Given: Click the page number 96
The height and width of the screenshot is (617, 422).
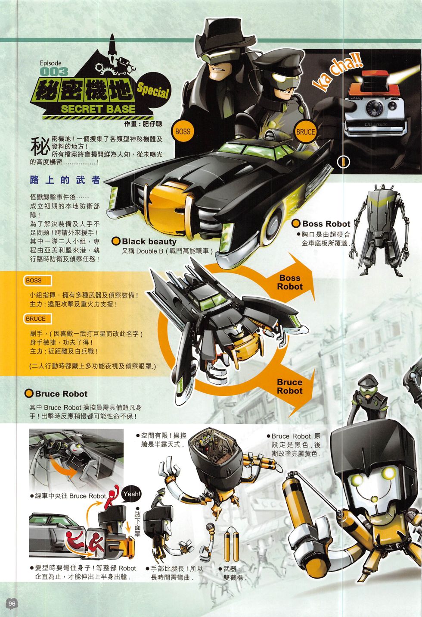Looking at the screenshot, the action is pyautogui.click(x=12, y=603).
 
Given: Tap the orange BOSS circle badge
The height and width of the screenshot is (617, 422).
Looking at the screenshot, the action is pyautogui.click(x=183, y=132).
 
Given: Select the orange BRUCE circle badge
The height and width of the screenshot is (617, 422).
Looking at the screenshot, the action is pyautogui.click(x=305, y=132).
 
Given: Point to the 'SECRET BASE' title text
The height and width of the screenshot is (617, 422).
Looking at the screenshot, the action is pyautogui.click(x=98, y=109).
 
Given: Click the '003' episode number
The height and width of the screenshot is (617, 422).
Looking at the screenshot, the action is pyautogui.click(x=54, y=72).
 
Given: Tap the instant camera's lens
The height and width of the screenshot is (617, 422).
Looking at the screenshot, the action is pyautogui.click(x=375, y=106).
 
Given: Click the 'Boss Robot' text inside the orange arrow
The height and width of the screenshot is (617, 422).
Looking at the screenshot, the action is pyautogui.click(x=290, y=282).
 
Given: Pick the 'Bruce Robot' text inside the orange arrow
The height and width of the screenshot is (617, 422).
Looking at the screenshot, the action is pyautogui.click(x=290, y=386).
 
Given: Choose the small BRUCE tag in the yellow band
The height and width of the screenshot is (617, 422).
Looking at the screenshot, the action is pyautogui.click(x=38, y=319).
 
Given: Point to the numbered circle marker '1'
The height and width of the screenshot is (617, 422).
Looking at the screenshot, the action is pyautogui.click(x=343, y=162).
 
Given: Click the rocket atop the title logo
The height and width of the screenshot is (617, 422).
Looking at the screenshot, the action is pyautogui.click(x=112, y=45).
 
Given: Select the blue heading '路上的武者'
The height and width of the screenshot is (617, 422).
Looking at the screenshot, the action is pyautogui.click(x=65, y=180).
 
